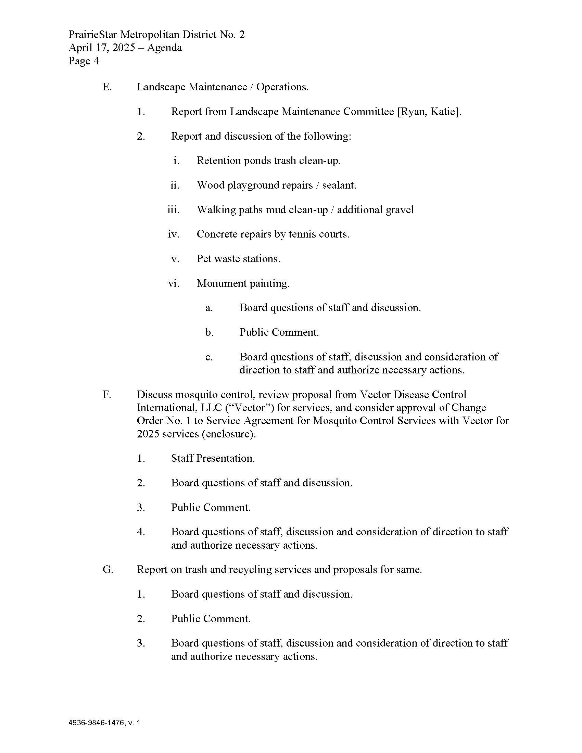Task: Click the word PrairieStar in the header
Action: click(x=93, y=35)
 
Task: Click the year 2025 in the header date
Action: click(x=124, y=48)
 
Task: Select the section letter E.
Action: click(x=107, y=87)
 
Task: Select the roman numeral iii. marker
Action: click(x=174, y=209)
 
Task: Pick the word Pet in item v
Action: click(x=204, y=258)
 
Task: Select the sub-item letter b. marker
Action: click(x=209, y=332)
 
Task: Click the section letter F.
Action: click(x=106, y=394)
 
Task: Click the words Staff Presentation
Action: click(x=213, y=458)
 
